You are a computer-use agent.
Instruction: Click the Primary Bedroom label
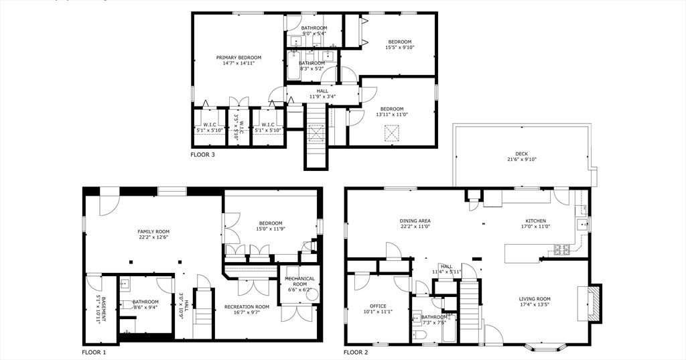coord(238,58)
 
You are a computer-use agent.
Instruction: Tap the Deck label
coord(522,154)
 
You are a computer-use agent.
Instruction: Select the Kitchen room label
coord(535,221)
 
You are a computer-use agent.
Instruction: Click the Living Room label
coord(535,299)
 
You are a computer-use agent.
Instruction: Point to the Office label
coord(379,306)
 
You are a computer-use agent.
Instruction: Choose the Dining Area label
coord(415,221)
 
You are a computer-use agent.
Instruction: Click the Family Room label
coord(153,231)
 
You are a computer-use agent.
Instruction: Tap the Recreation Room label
coord(247,307)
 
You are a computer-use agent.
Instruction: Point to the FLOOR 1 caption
coord(94,352)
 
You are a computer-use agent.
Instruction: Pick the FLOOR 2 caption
coord(356,352)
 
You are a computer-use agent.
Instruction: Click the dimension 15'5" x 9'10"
coord(400,48)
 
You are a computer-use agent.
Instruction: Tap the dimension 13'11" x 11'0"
coord(392,115)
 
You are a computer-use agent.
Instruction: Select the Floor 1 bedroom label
coord(271,223)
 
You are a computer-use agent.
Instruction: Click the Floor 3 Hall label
coord(322,91)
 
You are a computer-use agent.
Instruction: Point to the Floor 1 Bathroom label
coord(145,302)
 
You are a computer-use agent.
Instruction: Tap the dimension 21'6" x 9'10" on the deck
coord(522,160)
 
